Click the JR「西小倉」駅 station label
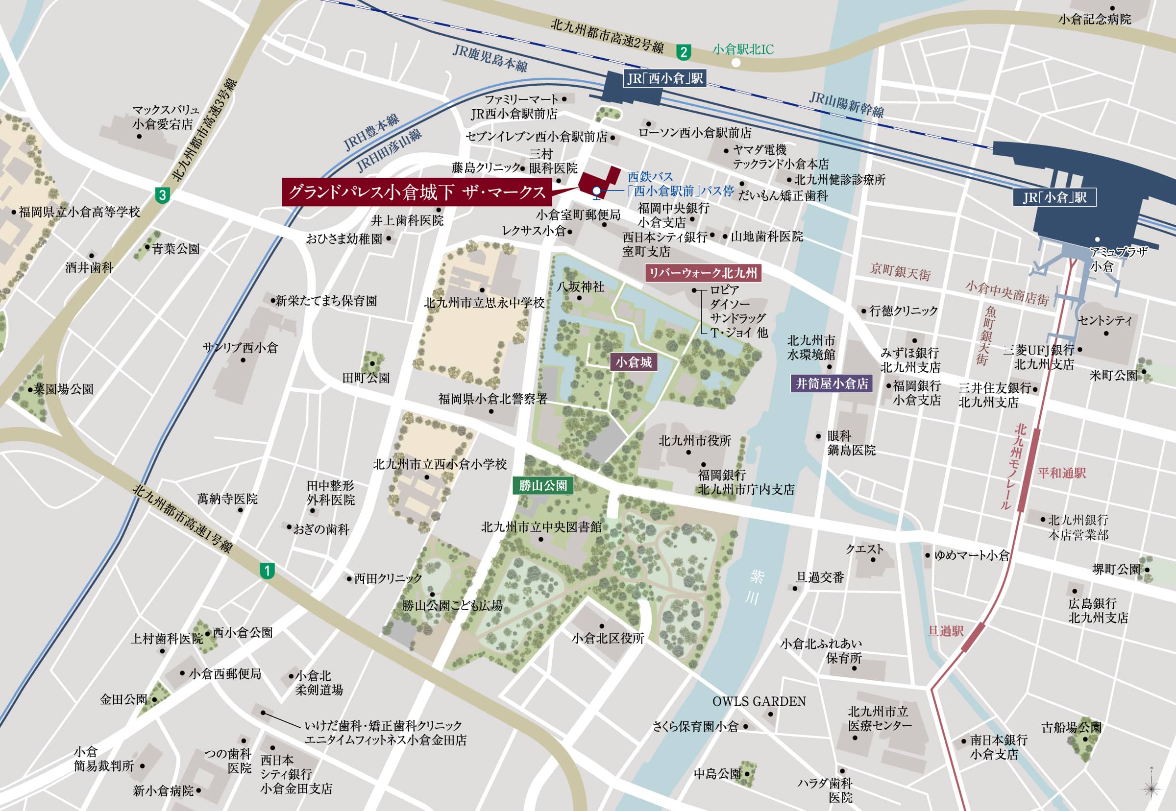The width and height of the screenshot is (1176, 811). (664, 78)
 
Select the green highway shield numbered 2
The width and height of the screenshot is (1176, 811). (684, 52)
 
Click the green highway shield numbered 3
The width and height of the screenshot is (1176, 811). (162, 195)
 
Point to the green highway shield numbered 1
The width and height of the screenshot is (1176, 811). (267, 571)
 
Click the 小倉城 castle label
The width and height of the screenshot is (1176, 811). (634, 362)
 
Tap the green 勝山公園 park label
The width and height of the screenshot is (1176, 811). (543, 485)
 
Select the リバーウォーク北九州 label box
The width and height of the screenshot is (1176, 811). (703, 273)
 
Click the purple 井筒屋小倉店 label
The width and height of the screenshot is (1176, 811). (832, 383)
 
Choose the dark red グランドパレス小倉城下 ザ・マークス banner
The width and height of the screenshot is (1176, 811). (416, 192)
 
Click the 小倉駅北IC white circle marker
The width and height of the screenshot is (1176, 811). (735, 63)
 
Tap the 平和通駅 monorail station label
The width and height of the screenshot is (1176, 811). (1062, 473)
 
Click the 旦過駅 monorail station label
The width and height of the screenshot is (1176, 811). (946, 631)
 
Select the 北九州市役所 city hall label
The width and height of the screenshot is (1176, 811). (694, 441)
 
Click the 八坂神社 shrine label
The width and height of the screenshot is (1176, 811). (580, 286)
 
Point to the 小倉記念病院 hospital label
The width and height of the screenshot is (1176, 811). (1094, 19)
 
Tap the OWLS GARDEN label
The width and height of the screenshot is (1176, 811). (759, 702)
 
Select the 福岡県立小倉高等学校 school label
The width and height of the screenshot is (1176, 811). (79, 212)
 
